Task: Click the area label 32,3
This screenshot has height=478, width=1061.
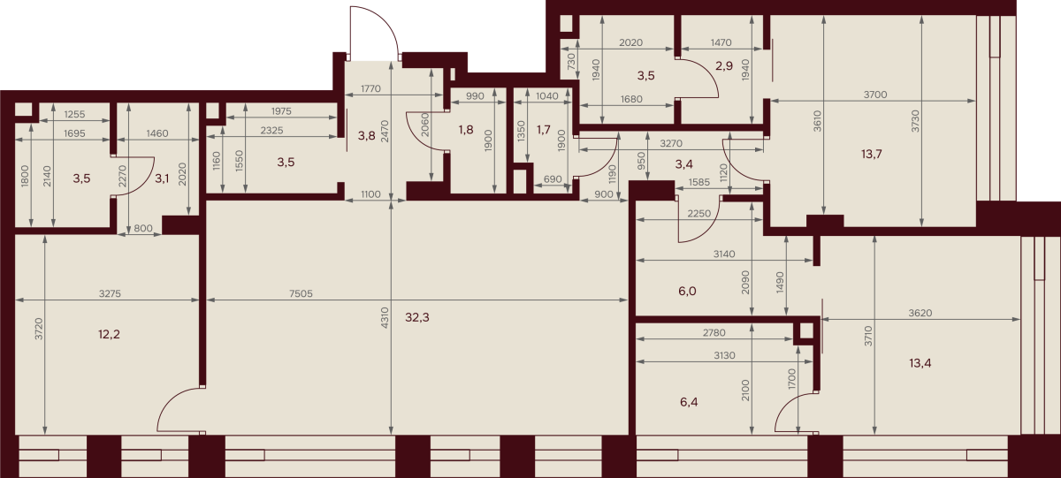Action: click(416, 317)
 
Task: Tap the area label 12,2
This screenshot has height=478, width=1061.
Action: click(109, 335)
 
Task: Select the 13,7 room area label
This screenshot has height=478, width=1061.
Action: click(872, 154)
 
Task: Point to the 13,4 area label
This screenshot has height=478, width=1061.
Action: click(920, 363)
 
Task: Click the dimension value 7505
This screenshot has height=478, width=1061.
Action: click(301, 294)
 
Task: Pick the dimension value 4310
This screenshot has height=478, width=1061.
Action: click(384, 318)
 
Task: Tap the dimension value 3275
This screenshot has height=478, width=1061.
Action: click(110, 294)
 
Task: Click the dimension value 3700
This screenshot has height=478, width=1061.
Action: click(874, 95)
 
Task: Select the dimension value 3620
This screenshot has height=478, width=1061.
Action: click(920, 314)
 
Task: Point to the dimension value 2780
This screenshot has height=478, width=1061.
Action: click(714, 333)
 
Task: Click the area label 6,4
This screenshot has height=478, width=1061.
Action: click(689, 402)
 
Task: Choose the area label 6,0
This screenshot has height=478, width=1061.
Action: click(687, 291)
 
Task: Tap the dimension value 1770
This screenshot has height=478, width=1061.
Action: click(370, 88)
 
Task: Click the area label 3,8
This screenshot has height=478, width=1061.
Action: click(366, 136)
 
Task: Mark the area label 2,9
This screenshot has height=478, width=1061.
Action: click(724, 65)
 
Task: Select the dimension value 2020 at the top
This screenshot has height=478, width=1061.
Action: click(631, 42)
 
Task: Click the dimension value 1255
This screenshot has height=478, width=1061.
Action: click(74, 114)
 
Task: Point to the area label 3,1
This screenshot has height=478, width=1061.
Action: click(162, 178)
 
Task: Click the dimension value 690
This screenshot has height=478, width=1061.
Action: click(553, 179)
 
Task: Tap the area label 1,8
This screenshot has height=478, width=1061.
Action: click(466, 130)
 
